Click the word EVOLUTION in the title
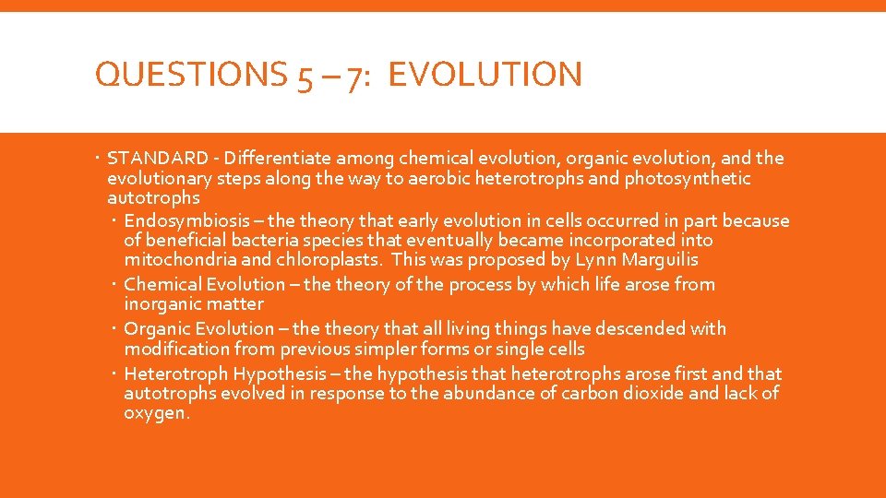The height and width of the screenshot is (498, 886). pos(485,75)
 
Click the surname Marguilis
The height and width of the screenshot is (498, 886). pos(661,260)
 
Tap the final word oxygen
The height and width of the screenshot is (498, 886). pos(155,414)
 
